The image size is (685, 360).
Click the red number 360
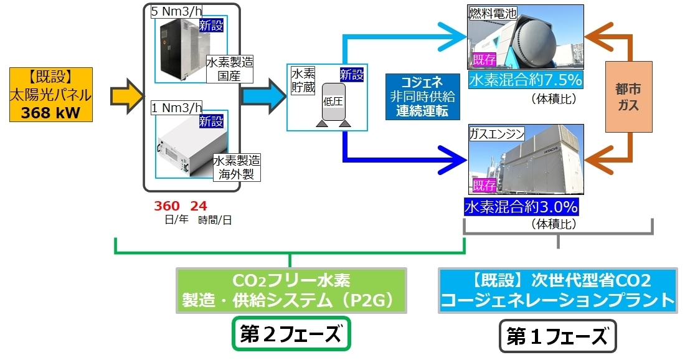(x=167, y=206)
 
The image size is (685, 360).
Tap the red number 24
(x=198, y=206)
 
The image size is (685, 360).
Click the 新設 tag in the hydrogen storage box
(x=351, y=73)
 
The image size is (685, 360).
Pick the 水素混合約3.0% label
(x=521, y=206)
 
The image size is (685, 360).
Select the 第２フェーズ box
(x=291, y=336)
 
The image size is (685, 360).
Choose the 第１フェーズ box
(x=557, y=337)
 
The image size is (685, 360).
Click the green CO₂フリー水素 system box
(x=291, y=291)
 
